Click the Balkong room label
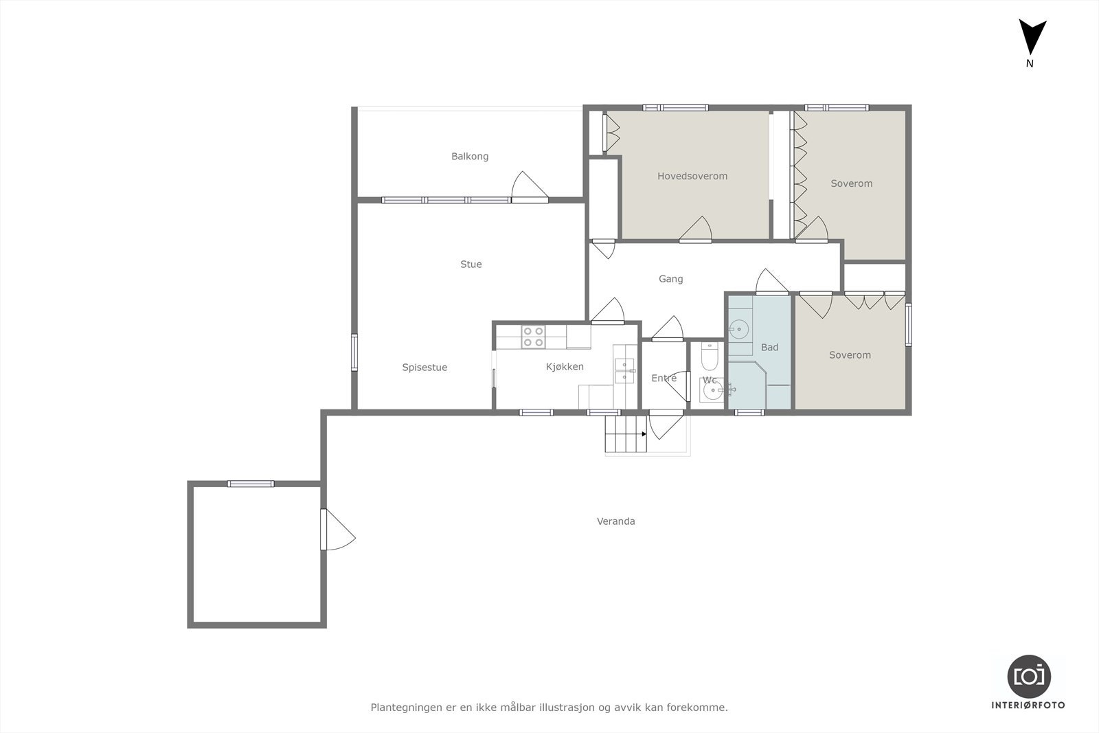click(x=470, y=157)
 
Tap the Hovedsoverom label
click(x=692, y=176)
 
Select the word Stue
click(x=471, y=264)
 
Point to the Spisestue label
click(x=424, y=368)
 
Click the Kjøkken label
click(x=565, y=367)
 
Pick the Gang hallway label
click(x=670, y=279)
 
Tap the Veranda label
click(x=615, y=521)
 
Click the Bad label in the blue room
click(x=769, y=348)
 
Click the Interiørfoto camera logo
click(x=1029, y=677)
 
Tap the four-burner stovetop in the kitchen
click(x=533, y=337)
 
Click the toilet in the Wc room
click(x=710, y=356)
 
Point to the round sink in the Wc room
click(x=712, y=390)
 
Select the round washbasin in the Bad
click(x=738, y=329)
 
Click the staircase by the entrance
click(x=626, y=433)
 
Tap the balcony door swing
click(x=530, y=186)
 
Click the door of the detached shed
click(x=337, y=530)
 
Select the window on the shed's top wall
click(x=251, y=484)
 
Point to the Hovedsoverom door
click(x=695, y=229)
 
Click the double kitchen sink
click(x=624, y=371)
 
